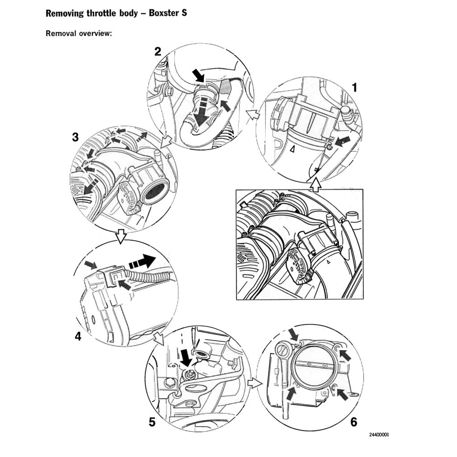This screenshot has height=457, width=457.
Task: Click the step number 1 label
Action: (354, 88)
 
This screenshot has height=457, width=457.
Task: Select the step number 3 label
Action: (75, 138)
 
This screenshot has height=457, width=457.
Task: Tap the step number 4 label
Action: (78, 337)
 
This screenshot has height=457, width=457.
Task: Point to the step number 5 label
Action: (152, 422)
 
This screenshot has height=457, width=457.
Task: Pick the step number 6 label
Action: (354, 422)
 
